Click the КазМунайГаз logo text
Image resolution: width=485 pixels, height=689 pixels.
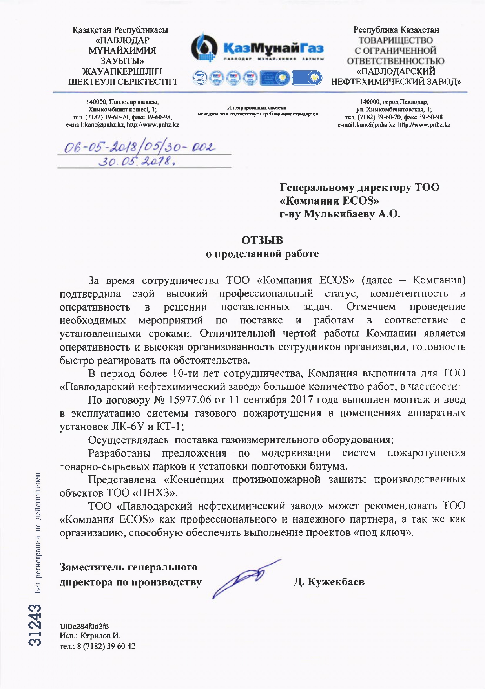[273, 48]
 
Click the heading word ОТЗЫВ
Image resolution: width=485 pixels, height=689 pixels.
[262, 240]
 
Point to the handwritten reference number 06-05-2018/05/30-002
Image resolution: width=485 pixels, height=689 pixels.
[140, 147]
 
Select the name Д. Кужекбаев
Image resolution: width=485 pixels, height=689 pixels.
[329, 581]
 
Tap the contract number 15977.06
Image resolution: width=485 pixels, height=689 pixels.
[190, 400]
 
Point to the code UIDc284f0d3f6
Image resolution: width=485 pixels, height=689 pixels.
[84, 626]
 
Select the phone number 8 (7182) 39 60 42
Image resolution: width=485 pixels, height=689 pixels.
[106, 646]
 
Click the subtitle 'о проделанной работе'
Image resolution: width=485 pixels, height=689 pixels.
[262, 254]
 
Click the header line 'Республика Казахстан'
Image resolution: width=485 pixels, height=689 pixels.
[396, 30]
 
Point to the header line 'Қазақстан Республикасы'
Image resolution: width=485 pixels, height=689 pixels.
[120, 30]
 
